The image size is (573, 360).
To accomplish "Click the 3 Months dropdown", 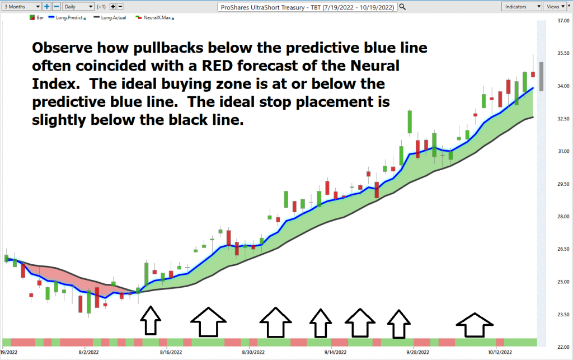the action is (x=21, y=7).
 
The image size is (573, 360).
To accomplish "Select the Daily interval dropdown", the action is (x=78, y=7).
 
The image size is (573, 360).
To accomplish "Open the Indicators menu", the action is (x=522, y=7).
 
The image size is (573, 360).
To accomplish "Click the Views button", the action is (x=555, y=7).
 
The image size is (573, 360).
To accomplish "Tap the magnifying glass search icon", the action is (x=402, y=7).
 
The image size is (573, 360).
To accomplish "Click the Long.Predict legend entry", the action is (x=67, y=17).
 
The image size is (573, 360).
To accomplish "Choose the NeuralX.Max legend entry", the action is (x=154, y=17).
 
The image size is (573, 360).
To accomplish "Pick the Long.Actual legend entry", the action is (x=110, y=17).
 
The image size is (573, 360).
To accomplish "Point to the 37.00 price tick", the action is (x=563, y=21).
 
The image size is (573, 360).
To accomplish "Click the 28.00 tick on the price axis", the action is (x=563, y=216).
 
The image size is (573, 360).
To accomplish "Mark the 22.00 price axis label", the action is (x=563, y=347).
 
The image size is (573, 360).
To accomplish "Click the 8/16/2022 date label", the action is (x=171, y=352).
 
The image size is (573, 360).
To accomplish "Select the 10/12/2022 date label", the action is (x=500, y=352).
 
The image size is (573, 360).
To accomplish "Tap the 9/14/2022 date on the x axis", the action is (x=335, y=352).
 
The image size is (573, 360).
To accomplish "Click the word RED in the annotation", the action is (x=217, y=66).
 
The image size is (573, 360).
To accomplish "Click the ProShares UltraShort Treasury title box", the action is (x=307, y=7).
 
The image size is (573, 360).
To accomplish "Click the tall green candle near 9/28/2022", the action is (x=410, y=121).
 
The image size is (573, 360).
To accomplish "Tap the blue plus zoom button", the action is (x=47, y=7).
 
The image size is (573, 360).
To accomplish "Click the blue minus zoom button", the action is (x=57, y=7).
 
